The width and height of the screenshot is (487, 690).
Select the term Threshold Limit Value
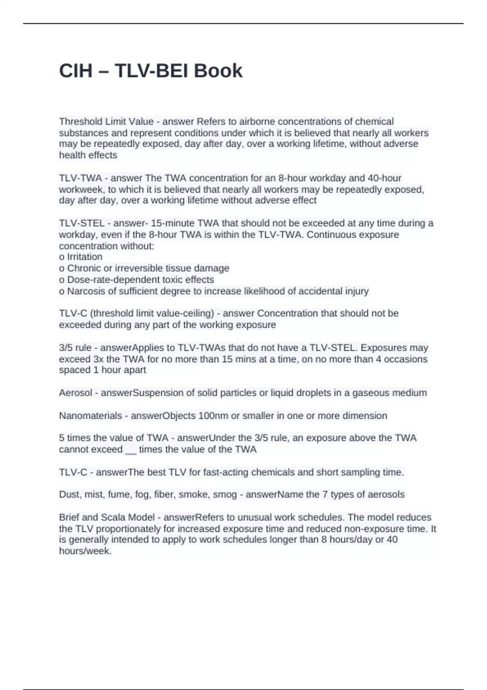(x=106, y=122)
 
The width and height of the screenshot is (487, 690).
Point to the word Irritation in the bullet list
(x=84, y=257)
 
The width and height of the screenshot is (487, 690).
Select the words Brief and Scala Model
(x=107, y=517)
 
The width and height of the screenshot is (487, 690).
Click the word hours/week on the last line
(x=85, y=551)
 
